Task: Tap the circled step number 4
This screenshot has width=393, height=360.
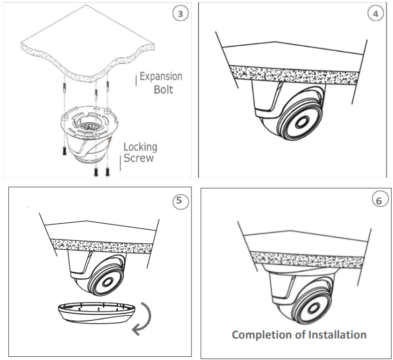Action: point(375,14)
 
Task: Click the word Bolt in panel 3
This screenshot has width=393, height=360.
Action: point(163,89)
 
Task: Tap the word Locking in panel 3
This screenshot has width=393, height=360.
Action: point(140,147)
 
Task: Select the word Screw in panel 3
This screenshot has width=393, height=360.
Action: point(138,158)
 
